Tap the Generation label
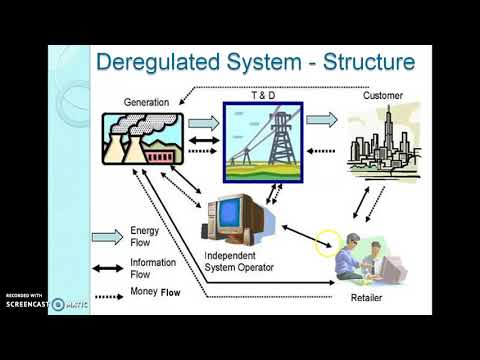click(x=146, y=102)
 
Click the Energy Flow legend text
click(x=145, y=236)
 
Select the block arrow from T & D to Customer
click(x=321, y=120)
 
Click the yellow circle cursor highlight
click(x=326, y=242)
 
